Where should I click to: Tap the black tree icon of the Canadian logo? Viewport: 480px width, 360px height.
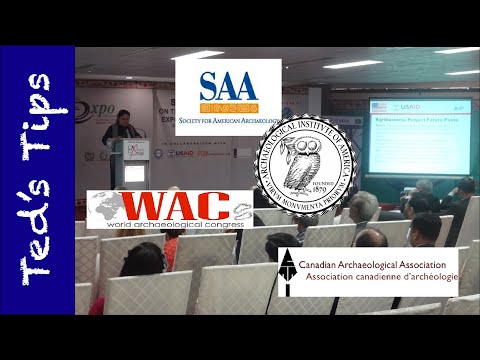point(288,269)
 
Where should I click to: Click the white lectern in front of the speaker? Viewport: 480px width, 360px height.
point(134,164)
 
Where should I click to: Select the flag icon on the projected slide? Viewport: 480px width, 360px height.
point(379,105)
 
